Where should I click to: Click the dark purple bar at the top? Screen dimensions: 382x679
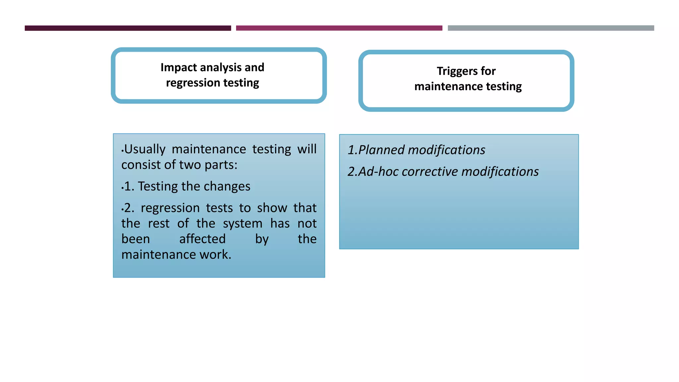point(128,28)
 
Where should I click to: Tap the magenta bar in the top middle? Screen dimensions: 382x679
point(339,28)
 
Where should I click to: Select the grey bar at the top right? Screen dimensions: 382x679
point(551,28)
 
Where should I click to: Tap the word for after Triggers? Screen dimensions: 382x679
point(488,71)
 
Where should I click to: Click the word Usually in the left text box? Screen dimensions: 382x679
point(145,150)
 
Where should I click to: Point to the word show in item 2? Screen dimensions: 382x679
point(272,208)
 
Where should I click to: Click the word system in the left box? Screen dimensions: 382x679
point(242,223)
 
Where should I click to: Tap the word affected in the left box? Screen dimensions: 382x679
point(202,239)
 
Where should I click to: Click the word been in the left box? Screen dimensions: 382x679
point(136,239)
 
